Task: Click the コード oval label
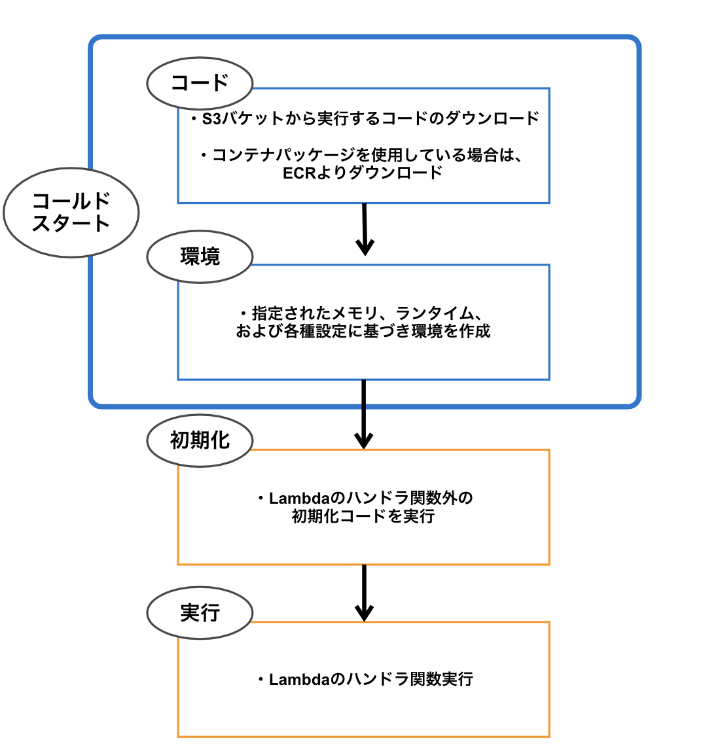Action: point(200,83)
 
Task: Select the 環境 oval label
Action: point(200,257)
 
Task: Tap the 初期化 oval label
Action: point(200,440)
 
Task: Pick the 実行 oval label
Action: point(200,613)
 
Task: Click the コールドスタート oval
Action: point(71,213)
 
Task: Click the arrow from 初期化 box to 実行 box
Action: point(363,593)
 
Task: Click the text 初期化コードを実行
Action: point(363,517)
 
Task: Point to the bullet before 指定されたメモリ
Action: point(244,313)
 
